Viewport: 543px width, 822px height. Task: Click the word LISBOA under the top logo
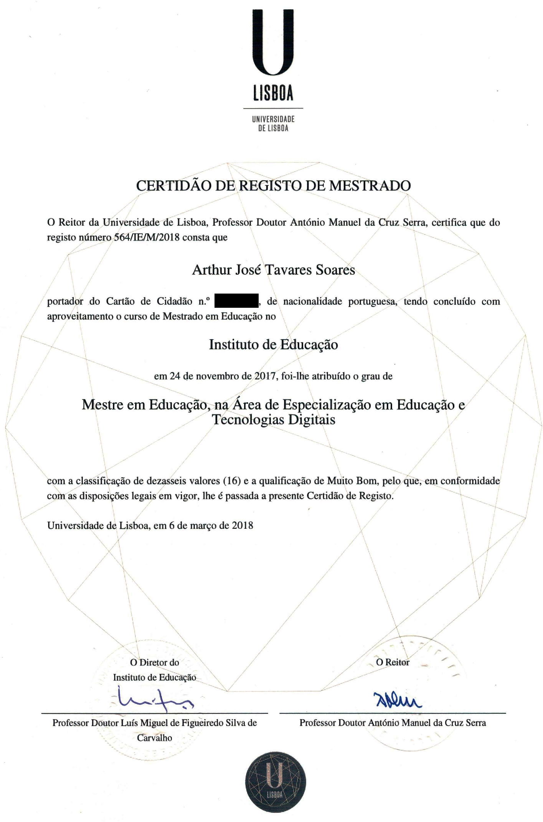click(273, 93)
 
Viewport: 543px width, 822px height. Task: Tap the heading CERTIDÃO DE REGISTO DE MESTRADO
click(273, 186)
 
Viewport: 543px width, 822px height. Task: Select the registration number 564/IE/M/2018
click(147, 237)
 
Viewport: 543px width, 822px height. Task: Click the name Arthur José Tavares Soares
click(273, 270)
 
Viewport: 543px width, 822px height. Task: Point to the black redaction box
click(236, 301)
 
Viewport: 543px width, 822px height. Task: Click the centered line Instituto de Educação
click(273, 344)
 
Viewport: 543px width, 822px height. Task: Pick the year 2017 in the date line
click(265, 376)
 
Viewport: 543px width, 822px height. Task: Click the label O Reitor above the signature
click(393, 662)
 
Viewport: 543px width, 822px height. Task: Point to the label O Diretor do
click(155, 662)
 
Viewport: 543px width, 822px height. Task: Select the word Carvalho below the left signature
click(155, 738)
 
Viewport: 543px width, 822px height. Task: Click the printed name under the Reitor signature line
click(393, 723)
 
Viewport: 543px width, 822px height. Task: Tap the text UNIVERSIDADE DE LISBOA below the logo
click(273, 124)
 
